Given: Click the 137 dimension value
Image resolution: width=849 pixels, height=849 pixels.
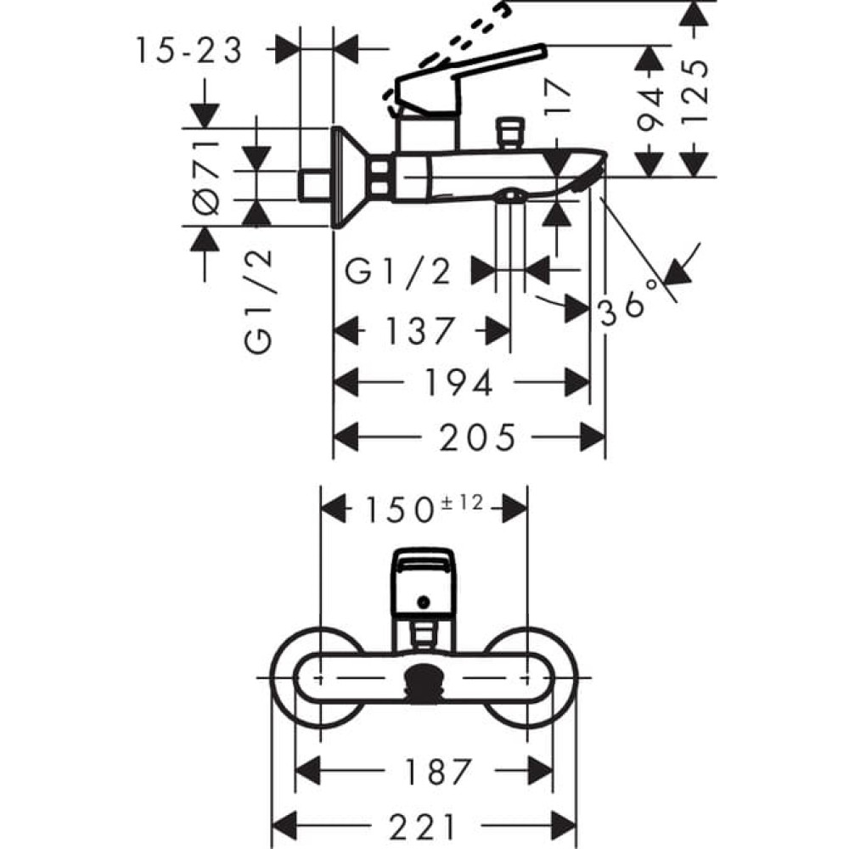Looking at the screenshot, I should point(421,330).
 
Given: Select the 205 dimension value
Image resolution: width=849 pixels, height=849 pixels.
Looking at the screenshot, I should point(477,438).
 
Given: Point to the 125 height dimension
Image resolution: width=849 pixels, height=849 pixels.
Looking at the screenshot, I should point(695,91).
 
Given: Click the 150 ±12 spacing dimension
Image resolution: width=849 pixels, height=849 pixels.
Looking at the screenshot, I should point(424,509).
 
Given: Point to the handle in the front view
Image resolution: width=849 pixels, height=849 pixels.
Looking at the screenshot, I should point(423,582).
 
